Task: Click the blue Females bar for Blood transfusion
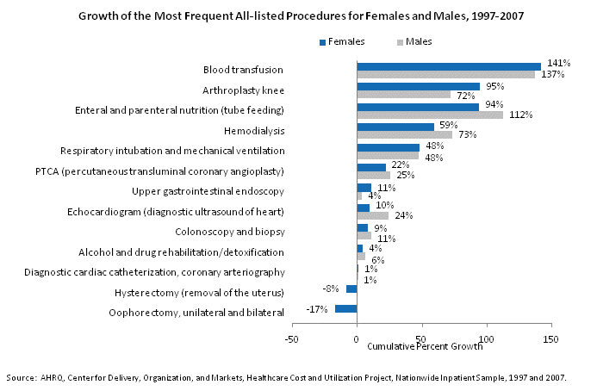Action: (x=448, y=66)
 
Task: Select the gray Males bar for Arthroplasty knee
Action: (x=403, y=95)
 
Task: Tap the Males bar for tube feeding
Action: (x=429, y=115)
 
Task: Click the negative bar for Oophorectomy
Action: (x=345, y=309)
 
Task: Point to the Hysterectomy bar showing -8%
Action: (x=351, y=289)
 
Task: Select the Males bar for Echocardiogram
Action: (x=372, y=215)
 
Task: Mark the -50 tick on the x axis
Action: (x=292, y=338)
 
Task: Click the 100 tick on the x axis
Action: (x=487, y=338)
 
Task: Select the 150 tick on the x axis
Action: (x=551, y=338)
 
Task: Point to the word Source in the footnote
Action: (x=20, y=378)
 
